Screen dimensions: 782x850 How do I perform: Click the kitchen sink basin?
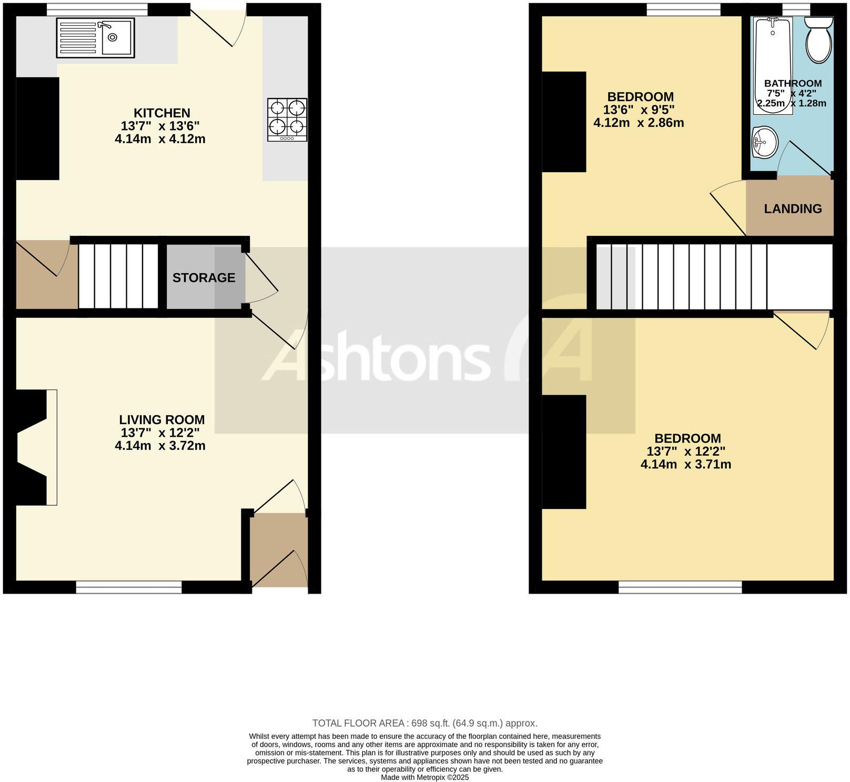click(x=116, y=37)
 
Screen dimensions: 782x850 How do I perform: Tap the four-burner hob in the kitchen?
click(x=287, y=119)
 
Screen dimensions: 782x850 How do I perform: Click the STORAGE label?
click(x=204, y=277)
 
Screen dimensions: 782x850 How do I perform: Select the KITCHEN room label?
click(x=161, y=113)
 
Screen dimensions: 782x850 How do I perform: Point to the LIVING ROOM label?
click(x=161, y=419)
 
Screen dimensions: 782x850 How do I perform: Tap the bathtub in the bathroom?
click(x=772, y=63)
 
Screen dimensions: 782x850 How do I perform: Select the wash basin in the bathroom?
click(x=764, y=142)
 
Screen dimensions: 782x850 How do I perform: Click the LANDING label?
click(x=793, y=208)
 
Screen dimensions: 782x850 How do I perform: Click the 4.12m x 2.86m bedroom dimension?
click(x=639, y=123)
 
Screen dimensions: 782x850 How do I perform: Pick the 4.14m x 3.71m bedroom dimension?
click(x=685, y=464)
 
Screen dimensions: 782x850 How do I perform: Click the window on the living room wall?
click(x=129, y=587)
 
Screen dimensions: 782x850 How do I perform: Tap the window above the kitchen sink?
click(x=97, y=9)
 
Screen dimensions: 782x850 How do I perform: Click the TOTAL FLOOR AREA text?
click(x=424, y=723)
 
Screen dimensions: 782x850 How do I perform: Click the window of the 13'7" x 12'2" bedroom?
click(x=680, y=587)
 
